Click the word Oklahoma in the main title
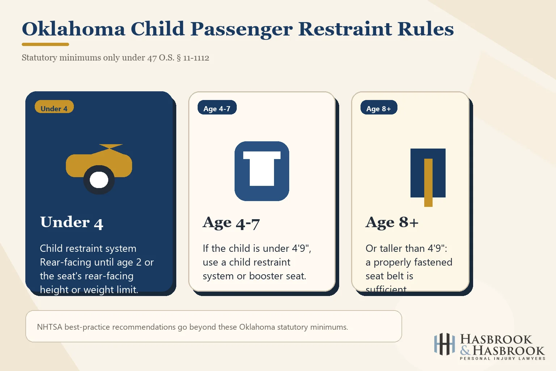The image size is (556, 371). tap(73, 29)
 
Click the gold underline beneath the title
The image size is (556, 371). tap(45, 44)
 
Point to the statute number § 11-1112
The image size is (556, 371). tap(193, 58)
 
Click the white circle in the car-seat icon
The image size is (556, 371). tap(99, 180)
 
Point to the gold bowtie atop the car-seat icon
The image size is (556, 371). tap(110, 147)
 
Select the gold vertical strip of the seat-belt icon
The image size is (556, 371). tap(428, 182)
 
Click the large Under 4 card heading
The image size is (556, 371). tap(72, 222)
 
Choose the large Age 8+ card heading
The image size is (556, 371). tap(392, 222)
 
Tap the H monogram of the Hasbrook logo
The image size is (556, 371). tap(445, 344)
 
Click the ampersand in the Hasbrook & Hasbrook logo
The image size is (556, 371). tap(466, 350)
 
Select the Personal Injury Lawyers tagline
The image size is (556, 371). tap(502, 359)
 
